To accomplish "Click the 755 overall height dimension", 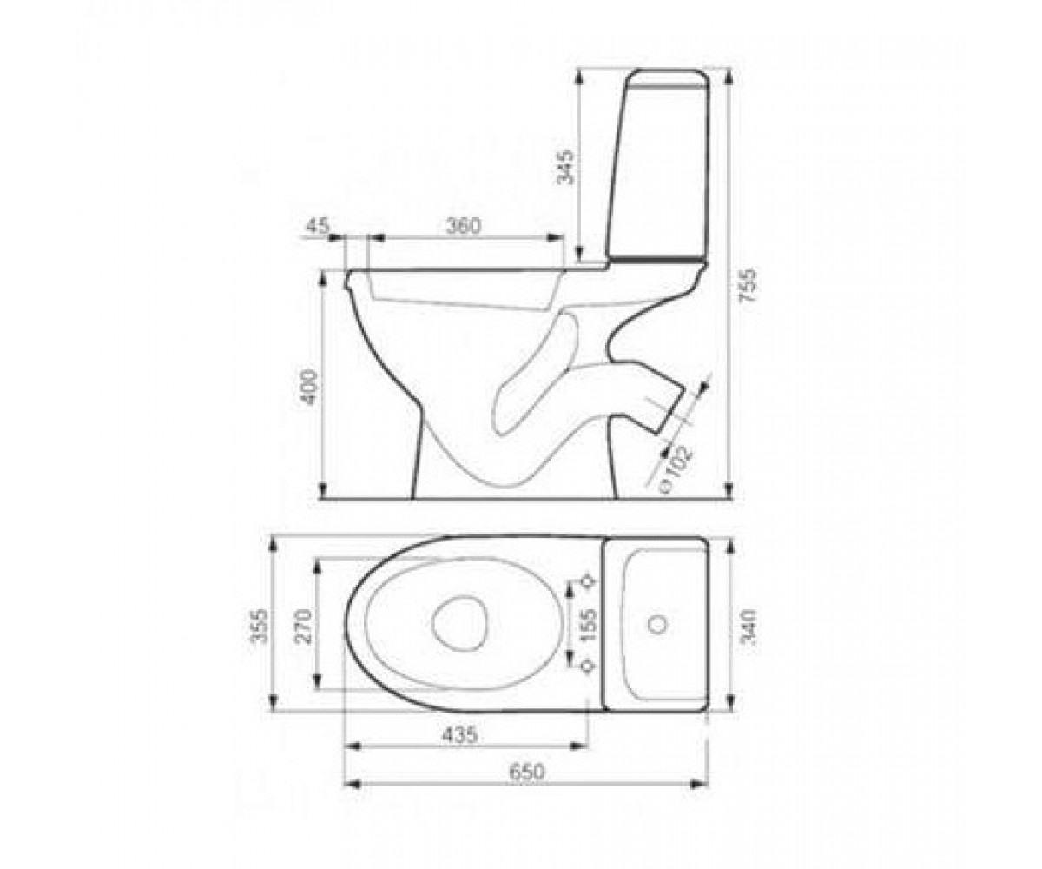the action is pyautogui.click(x=749, y=286).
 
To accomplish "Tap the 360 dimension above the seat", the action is pyautogui.click(x=464, y=226).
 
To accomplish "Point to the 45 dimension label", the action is pyautogui.click(x=318, y=226).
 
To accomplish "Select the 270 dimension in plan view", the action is pyautogui.click(x=304, y=626).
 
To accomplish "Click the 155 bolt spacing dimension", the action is pyautogui.click(x=589, y=625).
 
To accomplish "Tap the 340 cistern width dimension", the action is pyautogui.click(x=749, y=627).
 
